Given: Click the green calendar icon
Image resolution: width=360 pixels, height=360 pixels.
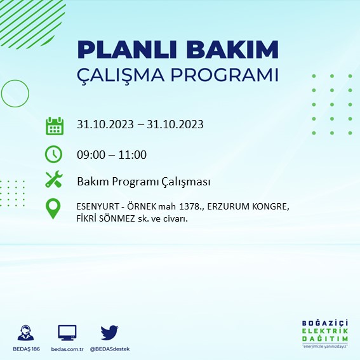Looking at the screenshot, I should [55, 125].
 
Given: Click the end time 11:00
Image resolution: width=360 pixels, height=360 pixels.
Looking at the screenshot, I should [133, 154].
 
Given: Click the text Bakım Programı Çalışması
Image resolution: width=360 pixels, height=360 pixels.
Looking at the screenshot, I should [143, 182].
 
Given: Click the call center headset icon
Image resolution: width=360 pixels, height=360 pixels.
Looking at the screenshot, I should [27, 333].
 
